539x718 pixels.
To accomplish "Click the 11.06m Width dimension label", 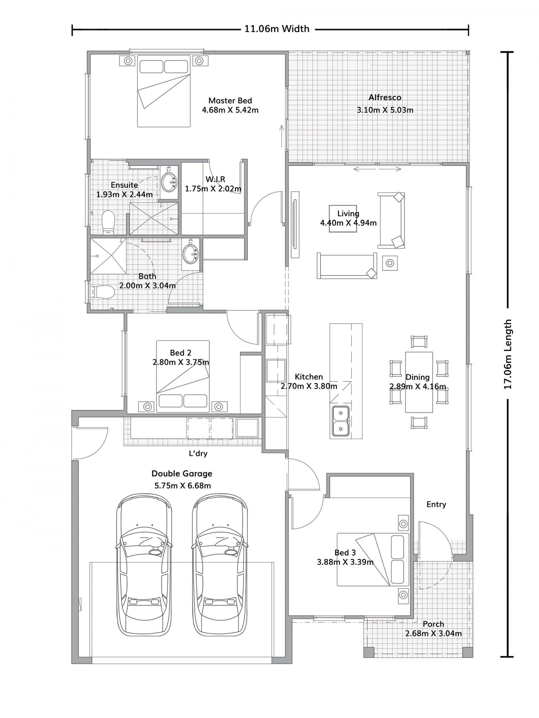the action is point(277,29).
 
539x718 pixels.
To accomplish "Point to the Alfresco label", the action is point(385,97).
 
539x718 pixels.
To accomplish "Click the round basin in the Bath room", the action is point(190,254).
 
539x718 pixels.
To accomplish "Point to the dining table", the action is point(419,382).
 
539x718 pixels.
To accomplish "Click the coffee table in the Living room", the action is point(343,218).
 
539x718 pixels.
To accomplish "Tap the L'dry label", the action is point(198,454).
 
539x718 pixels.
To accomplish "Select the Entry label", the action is point(436,504).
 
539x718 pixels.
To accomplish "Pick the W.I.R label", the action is point(215,179).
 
